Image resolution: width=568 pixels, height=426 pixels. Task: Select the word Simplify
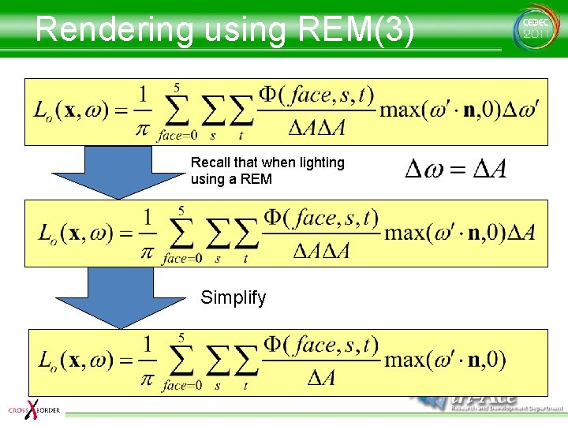(234, 297)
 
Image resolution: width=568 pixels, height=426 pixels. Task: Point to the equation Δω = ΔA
(455, 169)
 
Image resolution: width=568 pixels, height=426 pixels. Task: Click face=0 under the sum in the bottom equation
(181, 385)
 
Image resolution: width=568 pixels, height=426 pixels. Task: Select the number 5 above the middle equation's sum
(181, 211)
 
